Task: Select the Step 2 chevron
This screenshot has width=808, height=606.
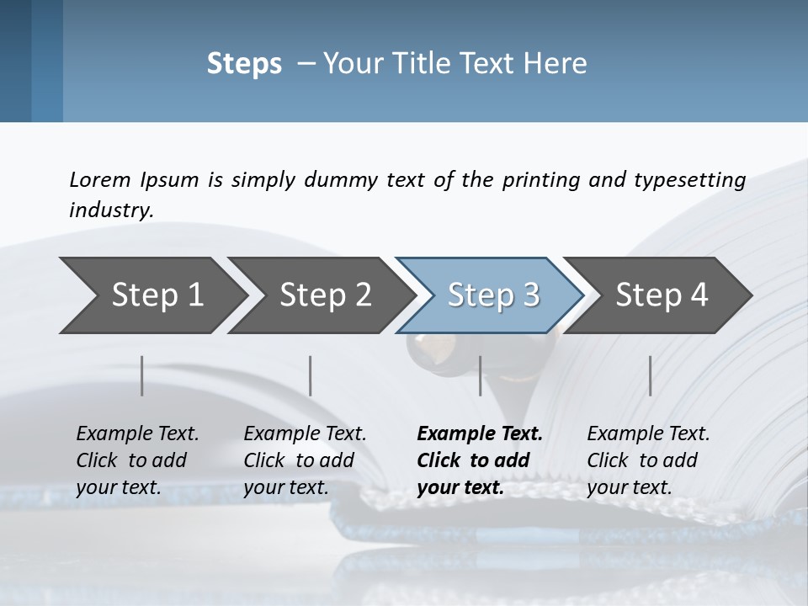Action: pos(325,295)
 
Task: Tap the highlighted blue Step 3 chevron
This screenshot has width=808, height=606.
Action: pos(493,295)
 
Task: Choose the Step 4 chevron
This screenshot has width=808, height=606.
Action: pos(662,295)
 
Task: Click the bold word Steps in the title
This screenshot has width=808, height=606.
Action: pos(244,64)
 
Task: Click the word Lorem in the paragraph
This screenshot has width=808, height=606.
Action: pos(100,179)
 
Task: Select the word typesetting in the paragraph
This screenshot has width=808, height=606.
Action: pos(689,179)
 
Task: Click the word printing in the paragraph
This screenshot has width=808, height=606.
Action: pos(541,179)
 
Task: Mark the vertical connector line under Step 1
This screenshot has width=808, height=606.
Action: pos(141,375)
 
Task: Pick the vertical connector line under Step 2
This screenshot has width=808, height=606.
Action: pos(311,375)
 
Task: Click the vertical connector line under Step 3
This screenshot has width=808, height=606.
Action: pos(481,375)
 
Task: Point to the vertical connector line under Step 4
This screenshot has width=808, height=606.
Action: pos(650,375)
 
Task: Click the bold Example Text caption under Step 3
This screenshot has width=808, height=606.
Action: pos(479,460)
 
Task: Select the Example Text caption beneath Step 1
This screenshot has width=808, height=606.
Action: pos(137,460)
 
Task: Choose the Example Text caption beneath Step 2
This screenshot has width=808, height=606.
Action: pos(305,460)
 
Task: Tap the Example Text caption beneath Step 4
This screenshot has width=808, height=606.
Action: pos(648,460)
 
